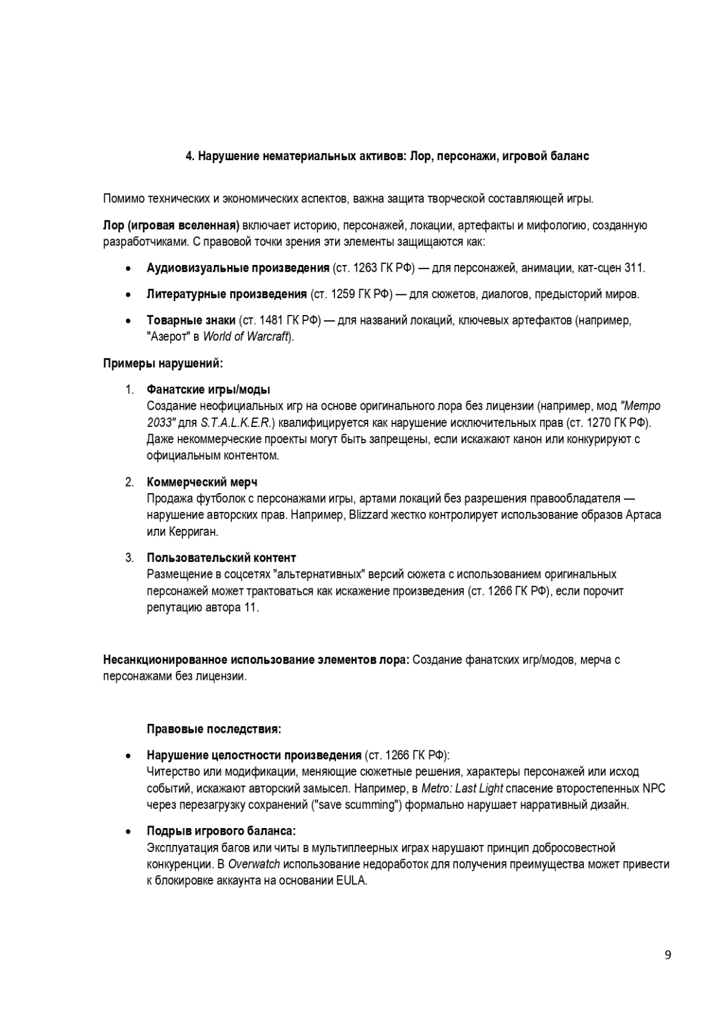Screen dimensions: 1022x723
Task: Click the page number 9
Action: (x=668, y=955)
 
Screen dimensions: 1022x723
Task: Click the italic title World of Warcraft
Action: (x=246, y=337)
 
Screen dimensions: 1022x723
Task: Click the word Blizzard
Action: (x=369, y=515)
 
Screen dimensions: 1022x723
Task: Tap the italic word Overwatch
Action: (x=254, y=864)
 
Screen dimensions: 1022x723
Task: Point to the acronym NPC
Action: (x=654, y=788)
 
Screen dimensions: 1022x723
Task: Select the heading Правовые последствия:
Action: (x=214, y=729)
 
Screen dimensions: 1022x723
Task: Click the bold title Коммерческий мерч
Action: (x=202, y=482)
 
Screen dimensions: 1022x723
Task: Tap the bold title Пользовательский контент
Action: (x=221, y=558)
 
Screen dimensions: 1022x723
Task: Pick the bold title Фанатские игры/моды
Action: (x=208, y=390)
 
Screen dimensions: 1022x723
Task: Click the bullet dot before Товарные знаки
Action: (x=128, y=320)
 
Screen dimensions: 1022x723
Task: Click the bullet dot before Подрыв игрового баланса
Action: (x=128, y=832)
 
